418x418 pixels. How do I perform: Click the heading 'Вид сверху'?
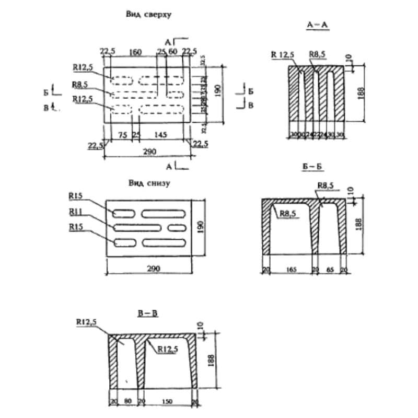click(x=148, y=15)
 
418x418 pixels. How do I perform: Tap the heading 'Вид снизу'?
click(x=149, y=183)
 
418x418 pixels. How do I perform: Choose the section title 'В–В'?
click(x=147, y=313)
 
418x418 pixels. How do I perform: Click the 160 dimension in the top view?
click(x=135, y=52)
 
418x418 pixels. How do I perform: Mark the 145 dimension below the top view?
click(x=160, y=135)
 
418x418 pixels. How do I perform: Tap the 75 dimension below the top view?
click(x=123, y=135)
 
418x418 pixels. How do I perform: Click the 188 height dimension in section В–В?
click(x=211, y=361)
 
